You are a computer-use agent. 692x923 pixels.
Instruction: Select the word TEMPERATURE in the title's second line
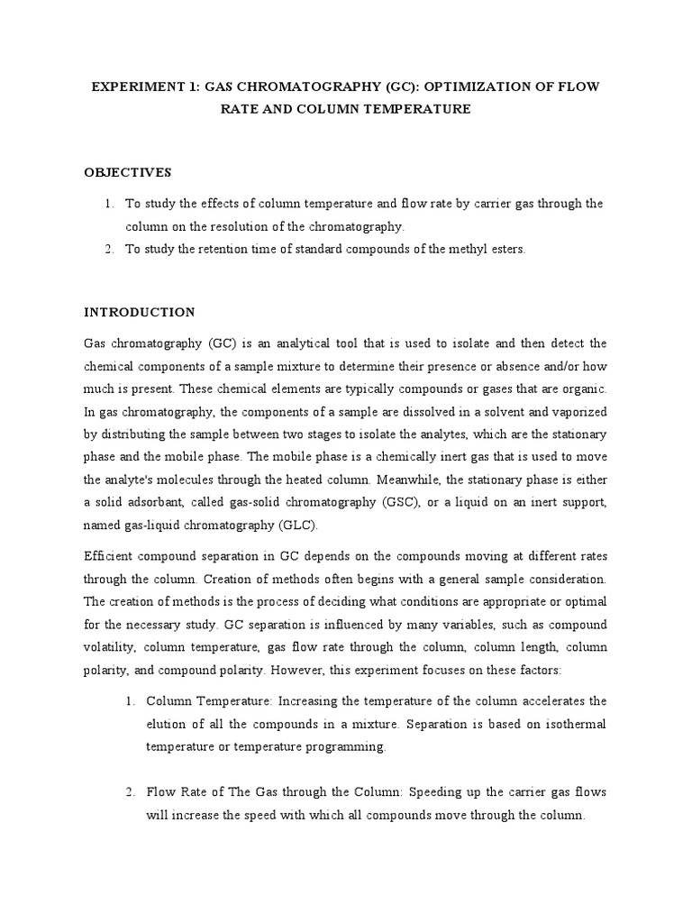421,109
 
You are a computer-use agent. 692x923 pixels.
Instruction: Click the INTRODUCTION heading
140,313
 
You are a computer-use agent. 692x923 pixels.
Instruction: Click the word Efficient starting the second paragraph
112,554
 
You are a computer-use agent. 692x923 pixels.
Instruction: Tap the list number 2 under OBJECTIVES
109,250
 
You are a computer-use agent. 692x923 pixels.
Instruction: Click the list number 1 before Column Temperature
131,700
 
